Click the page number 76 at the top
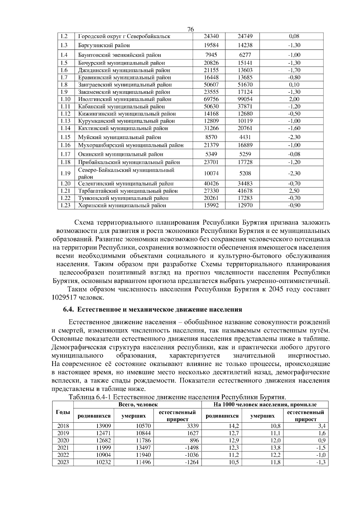(190, 29)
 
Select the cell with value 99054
(245, 99)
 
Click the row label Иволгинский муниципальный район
(124, 99)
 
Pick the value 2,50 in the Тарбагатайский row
(294, 191)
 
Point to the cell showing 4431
(245, 137)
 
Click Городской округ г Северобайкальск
(124, 37)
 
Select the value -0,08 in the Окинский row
(294, 154)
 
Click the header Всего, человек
(138, 404)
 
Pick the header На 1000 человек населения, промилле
(265, 404)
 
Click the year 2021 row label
(63, 448)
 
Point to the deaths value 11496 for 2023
(143, 462)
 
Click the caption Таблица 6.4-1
(90, 397)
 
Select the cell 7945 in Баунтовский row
(211, 55)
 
